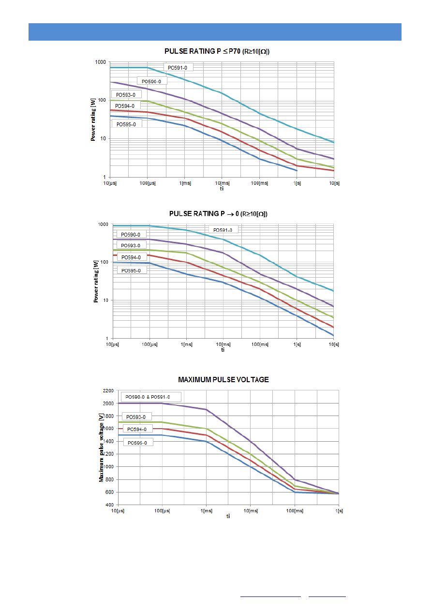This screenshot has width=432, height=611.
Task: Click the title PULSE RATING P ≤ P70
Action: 216,51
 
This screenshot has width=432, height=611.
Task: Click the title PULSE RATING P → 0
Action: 218,213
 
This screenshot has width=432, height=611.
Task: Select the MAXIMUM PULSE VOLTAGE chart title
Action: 223,380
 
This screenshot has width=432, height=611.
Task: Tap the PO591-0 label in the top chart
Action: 177,68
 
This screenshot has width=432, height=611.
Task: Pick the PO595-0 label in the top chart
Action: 127,124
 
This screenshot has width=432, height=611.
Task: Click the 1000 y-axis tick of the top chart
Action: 100,62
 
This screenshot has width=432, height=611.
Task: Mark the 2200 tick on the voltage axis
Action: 108,390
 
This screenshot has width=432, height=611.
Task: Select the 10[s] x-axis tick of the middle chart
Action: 334,344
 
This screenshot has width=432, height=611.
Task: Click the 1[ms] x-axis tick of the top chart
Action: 184,182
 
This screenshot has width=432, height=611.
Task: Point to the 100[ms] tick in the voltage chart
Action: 294,511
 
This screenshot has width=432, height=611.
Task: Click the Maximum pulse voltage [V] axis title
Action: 102,447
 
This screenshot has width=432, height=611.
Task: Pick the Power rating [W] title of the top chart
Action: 93,119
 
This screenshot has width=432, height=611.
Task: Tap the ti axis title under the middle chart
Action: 223,350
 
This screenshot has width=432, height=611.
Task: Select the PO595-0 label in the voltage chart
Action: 137,442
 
